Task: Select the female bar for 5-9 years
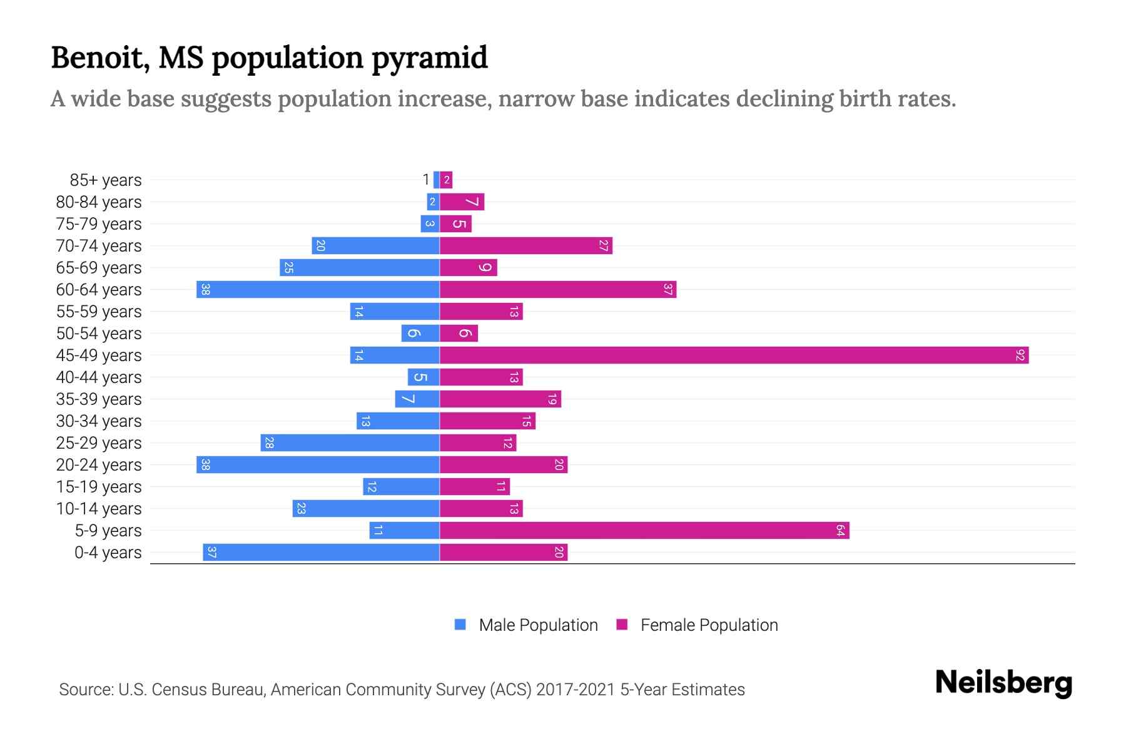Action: tap(644, 531)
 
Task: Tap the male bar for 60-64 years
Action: tap(318, 290)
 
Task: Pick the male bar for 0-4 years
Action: tap(321, 553)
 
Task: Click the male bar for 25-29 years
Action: tap(350, 443)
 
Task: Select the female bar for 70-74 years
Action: tap(525, 246)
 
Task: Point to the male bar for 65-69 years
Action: tap(360, 268)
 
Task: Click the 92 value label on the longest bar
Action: tap(1020, 355)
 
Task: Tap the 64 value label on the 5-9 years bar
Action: tap(840, 531)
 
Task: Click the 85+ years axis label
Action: tap(105, 180)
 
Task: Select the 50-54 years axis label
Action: tap(99, 334)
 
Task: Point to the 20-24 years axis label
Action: tap(99, 465)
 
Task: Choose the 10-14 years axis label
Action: tap(99, 509)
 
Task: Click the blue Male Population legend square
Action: tap(460, 625)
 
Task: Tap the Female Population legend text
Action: tap(709, 625)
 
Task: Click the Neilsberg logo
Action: tap(1003, 683)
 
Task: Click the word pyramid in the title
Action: tap(429, 58)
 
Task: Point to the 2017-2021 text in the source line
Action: tap(576, 690)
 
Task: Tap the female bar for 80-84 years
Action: tap(462, 202)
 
